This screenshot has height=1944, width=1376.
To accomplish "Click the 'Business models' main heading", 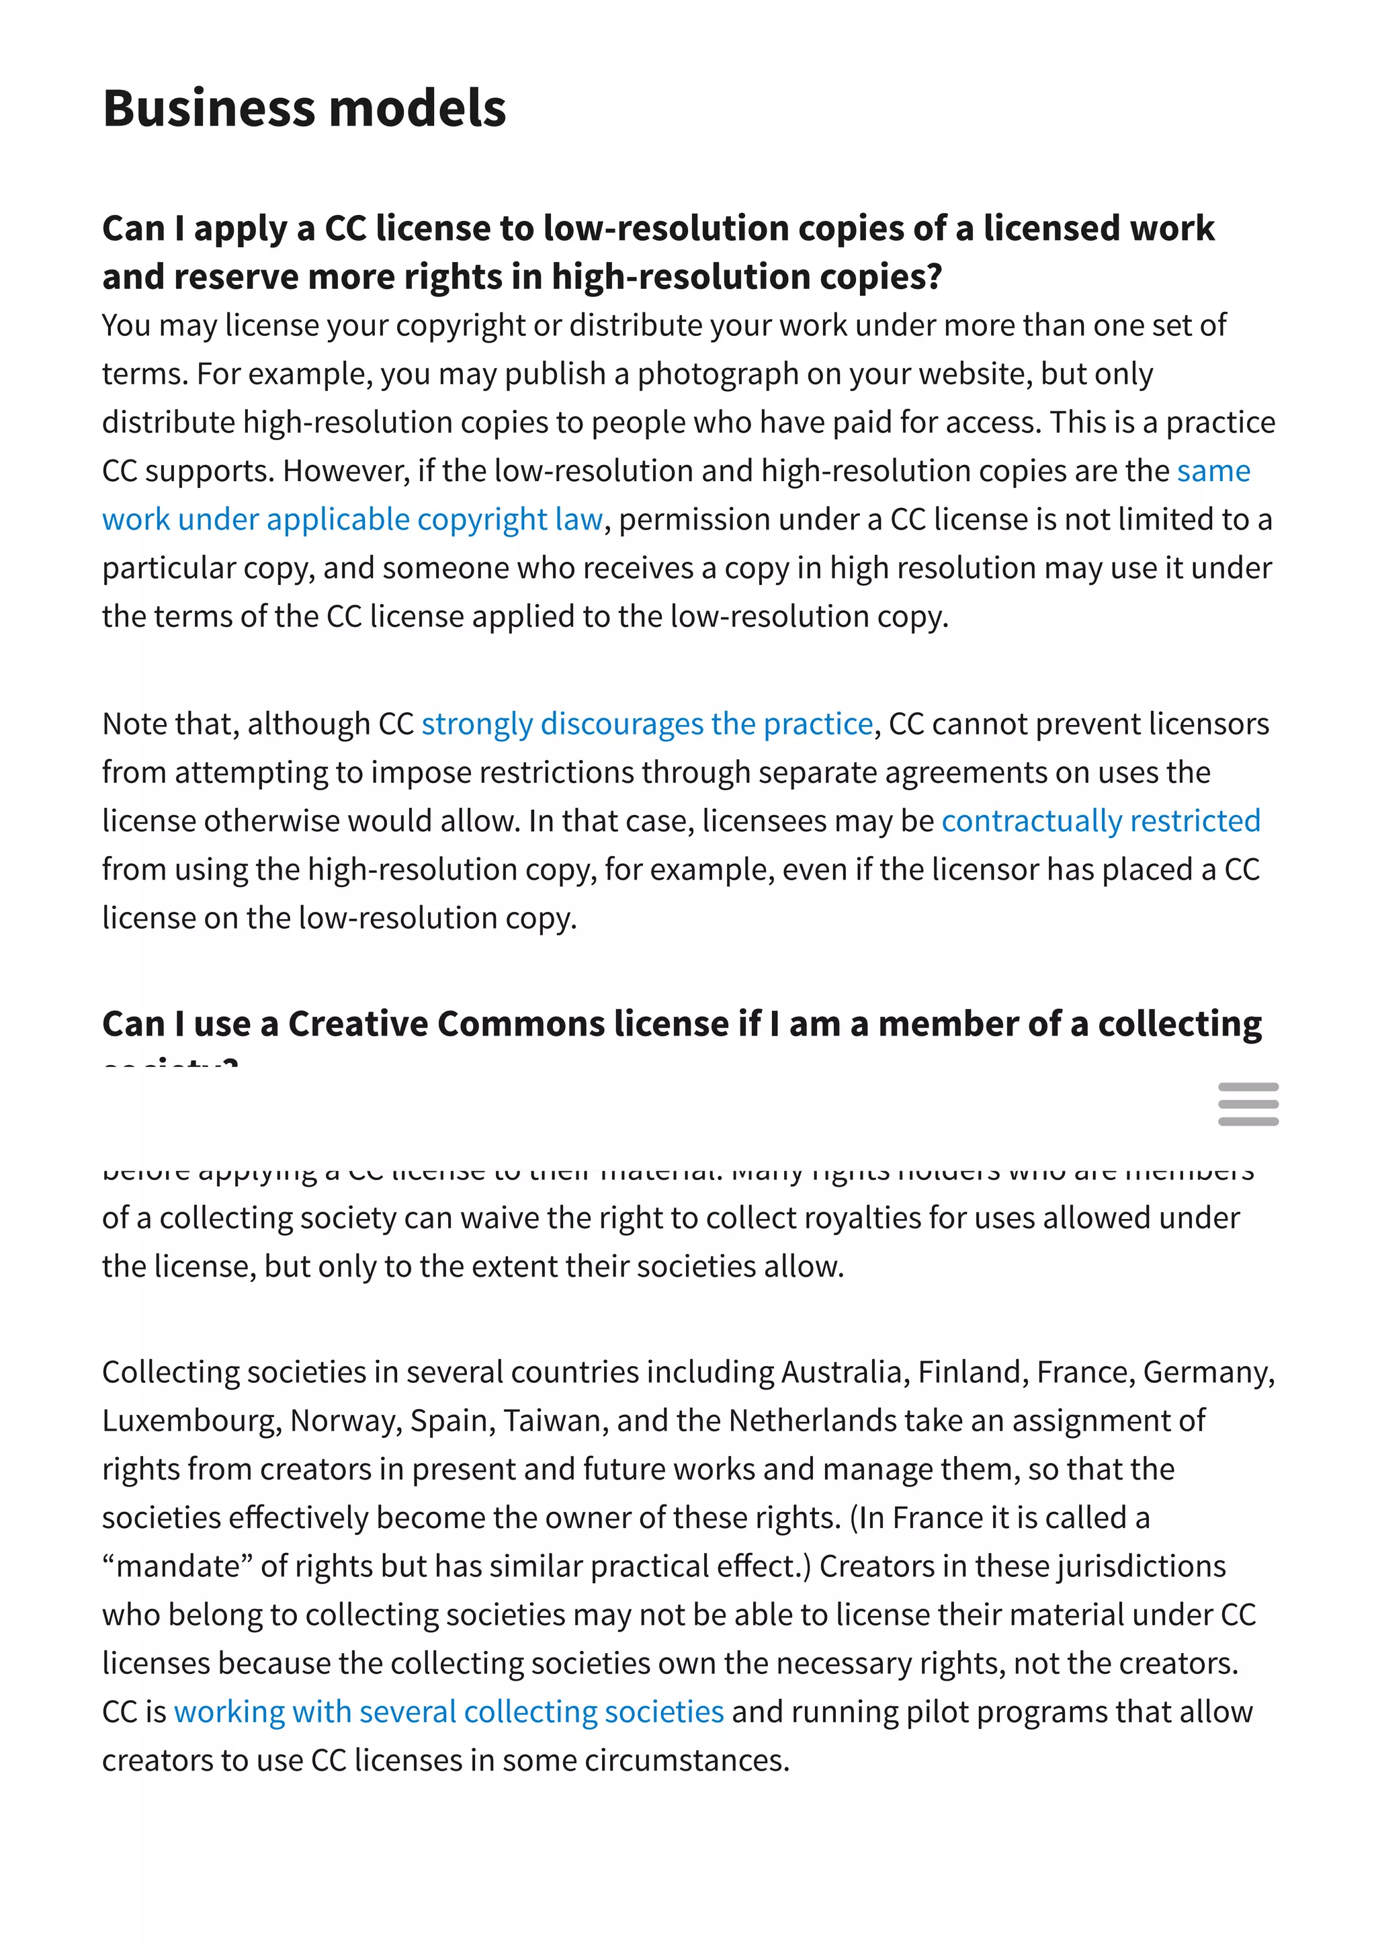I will pyautogui.click(x=304, y=108).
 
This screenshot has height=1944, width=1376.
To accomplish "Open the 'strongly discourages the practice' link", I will pyautogui.click(x=647, y=724).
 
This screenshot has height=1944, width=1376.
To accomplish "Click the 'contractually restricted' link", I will pyautogui.click(x=1101, y=820).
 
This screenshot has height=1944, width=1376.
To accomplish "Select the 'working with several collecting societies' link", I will pyautogui.click(x=448, y=1711).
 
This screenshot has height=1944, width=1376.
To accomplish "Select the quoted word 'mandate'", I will pyautogui.click(x=178, y=1566).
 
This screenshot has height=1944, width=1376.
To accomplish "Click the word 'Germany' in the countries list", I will pyautogui.click(x=1207, y=1372).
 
